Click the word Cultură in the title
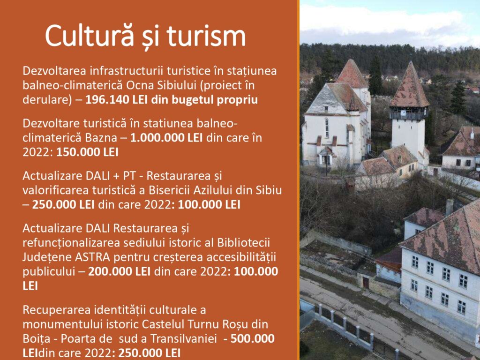click(90, 35)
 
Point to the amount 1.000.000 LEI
click(166, 138)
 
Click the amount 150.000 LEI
click(87, 152)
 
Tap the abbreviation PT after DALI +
click(133, 176)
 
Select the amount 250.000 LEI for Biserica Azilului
click(63, 204)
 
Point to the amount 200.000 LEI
click(119, 271)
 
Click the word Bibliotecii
click(244, 243)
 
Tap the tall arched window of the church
click(327, 127)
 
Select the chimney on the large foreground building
click(450, 207)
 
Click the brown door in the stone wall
click(366, 283)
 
